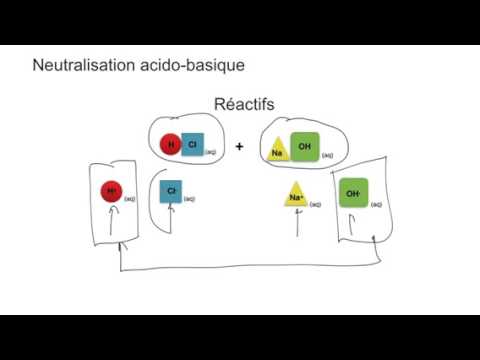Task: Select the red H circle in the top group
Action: click(x=172, y=145)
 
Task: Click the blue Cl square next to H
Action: click(x=192, y=145)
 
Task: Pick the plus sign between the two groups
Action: click(x=240, y=146)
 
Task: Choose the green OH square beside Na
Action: click(x=304, y=146)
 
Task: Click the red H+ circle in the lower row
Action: click(x=110, y=191)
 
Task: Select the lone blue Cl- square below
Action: click(x=171, y=190)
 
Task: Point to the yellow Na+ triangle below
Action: click(x=296, y=196)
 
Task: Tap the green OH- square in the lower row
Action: click(x=352, y=192)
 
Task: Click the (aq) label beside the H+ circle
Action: click(x=130, y=199)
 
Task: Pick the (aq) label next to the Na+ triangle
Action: click(x=315, y=205)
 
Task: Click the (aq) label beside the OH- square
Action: click(x=375, y=203)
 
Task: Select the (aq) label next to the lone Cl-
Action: click(x=190, y=199)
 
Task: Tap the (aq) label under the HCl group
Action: click(x=211, y=153)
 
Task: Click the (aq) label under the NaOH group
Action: click(x=328, y=156)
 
